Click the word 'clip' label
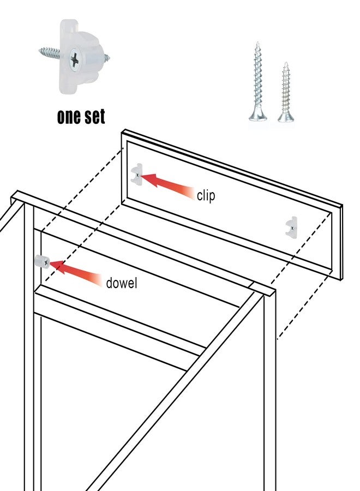click(206, 195)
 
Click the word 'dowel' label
click(122, 283)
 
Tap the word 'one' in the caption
click(69, 117)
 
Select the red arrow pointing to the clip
click(168, 185)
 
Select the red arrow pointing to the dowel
click(76, 273)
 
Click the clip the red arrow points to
click(136, 175)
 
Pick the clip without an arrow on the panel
click(291, 227)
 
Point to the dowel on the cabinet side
click(42, 262)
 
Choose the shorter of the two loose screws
click(285, 92)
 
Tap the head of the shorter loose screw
click(285, 117)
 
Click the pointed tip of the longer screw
click(257, 42)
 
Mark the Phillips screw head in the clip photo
click(74, 59)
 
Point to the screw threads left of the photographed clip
click(50, 52)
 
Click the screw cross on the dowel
click(46, 263)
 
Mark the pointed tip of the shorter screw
click(285, 63)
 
